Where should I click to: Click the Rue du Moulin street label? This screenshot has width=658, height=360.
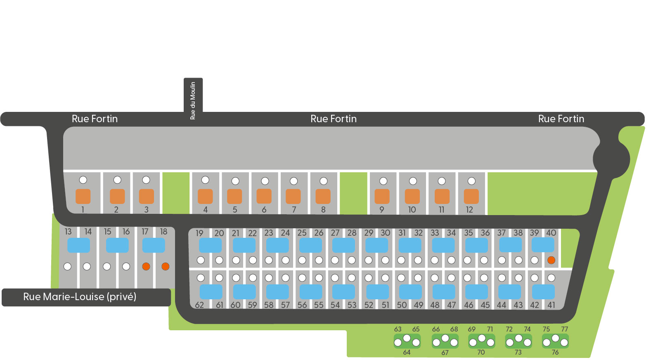(x=193, y=100)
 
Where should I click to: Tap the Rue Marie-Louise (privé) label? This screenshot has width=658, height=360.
(x=80, y=297)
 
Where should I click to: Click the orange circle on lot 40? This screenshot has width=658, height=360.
(x=551, y=260)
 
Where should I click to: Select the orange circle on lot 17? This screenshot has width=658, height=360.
(x=146, y=266)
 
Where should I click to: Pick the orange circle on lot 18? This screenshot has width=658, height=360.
(x=165, y=266)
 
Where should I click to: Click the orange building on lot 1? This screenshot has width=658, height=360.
(x=83, y=197)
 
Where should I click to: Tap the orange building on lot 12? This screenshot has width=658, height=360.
(x=471, y=197)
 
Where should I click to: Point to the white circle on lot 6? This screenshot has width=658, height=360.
(x=265, y=181)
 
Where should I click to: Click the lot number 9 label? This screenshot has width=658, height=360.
(x=382, y=210)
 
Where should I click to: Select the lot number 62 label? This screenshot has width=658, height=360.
(x=199, y=305)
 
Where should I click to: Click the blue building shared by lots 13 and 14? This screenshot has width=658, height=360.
(x=78, y=245)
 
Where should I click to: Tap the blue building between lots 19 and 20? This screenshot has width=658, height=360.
(x=211, y=245)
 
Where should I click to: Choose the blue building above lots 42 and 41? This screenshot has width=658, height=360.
(x=543, y=292)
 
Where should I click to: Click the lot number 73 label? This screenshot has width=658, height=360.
(x=518, y=353)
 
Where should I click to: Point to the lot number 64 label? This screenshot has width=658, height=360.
(x=407, y=353)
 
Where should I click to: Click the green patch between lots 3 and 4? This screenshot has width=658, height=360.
(x=176, y=192)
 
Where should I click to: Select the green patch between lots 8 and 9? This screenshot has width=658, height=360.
(x=353, y=193)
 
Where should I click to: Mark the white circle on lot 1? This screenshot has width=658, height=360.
(x=83, y=180)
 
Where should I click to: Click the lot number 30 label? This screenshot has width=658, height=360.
(x=385, y=233)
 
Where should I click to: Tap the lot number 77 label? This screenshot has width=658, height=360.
(x=564, y=329)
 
